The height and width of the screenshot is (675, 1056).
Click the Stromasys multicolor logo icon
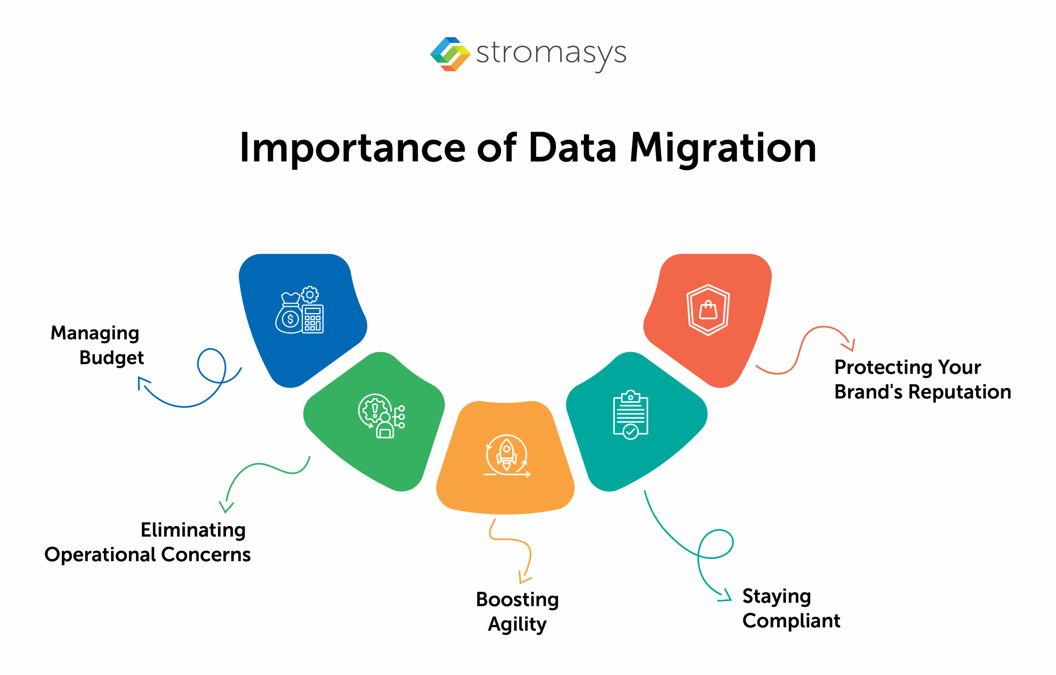click(x=450, y=54)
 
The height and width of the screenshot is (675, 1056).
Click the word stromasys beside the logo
click(x=551, y=54)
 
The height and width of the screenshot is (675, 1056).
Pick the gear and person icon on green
click(x=381, y=416)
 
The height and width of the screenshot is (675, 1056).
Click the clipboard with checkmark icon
click(x=630, y=415)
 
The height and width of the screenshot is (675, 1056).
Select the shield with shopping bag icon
click(x=708, y=309)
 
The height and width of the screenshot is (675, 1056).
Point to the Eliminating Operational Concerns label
click(x=148, y=542)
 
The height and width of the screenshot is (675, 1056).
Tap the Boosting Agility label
click(x=517, y=611)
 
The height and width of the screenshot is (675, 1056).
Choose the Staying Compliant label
click(x=791, y=608)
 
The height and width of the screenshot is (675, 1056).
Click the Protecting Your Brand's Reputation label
click(x=922, y=380)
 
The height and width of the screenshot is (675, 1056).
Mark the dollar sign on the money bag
click(x=290, y=319)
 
